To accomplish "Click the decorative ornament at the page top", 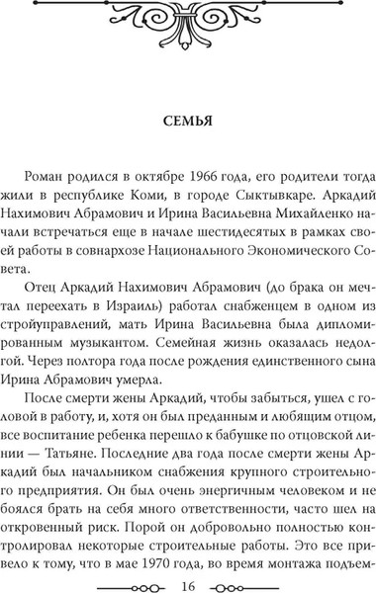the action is point(188,25).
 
